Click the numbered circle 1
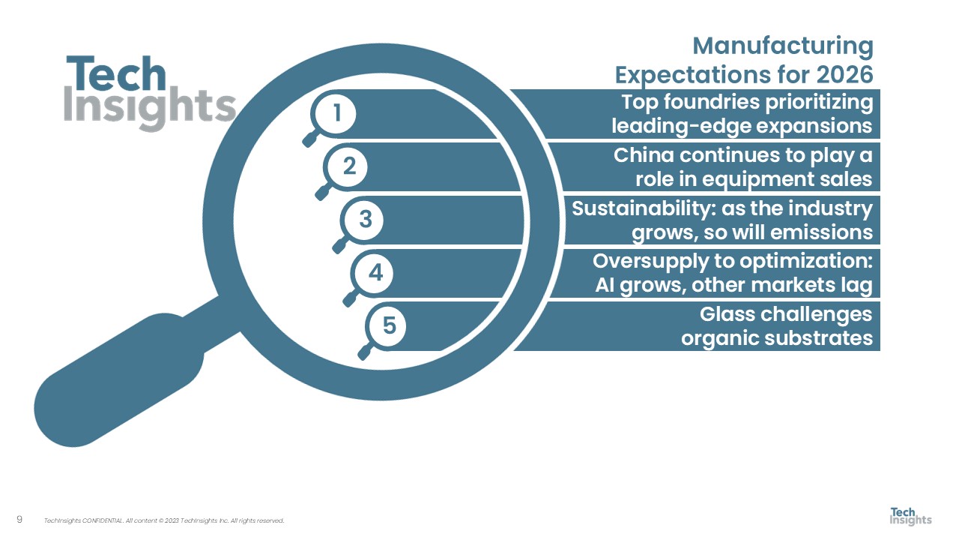click(336, 114)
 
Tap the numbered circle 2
click(348, 166)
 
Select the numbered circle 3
click(365, 220)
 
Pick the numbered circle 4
click(375, 273)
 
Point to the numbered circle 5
click(388, 325)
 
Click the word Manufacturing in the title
click(783, 46)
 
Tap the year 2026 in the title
click(844, 74)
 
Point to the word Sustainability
click(644, 209)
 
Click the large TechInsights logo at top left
click(149, 93)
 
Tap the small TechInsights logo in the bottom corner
click(910, 517)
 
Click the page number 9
click(19, 520)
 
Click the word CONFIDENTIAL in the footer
click(102, 520)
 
